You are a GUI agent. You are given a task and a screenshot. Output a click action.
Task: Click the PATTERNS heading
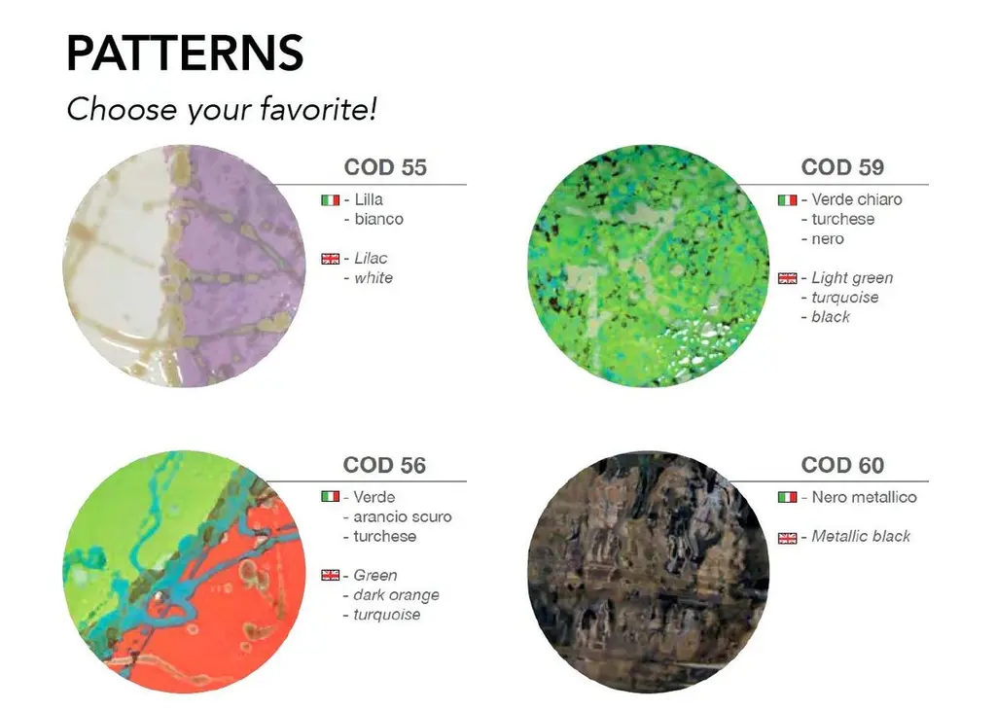[185, 53]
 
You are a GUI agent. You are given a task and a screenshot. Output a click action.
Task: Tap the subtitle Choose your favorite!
[222, 109]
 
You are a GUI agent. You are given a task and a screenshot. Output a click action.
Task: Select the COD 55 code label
[385, 167]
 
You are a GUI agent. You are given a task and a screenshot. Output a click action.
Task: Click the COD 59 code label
[842, 167]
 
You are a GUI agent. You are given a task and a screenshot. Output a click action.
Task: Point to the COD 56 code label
[384, 465]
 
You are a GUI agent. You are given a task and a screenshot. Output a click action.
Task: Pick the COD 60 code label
[842, 465]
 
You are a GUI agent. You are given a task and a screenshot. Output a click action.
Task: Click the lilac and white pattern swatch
[184, 266]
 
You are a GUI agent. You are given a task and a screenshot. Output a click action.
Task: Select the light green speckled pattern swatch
[649, 266]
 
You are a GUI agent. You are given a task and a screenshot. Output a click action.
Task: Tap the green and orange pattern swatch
[184, 572]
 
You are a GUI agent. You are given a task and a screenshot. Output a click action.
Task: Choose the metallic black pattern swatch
[649, 572]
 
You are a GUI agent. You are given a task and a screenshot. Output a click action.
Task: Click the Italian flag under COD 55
[331, 200]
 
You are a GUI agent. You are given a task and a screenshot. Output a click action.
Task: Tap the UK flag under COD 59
[787, 278]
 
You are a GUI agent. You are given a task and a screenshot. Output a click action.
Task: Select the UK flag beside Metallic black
[787, 538]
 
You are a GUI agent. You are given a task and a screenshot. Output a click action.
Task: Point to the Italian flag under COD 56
[331, 496]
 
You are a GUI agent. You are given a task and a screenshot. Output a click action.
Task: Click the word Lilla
[369, 199]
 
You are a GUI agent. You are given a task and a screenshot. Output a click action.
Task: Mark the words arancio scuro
[402, 517]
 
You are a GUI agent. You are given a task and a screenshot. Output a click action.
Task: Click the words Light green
[852, 278]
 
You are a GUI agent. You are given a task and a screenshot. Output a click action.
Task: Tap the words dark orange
[396, 595]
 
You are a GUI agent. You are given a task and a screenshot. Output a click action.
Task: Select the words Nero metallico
[864, 497]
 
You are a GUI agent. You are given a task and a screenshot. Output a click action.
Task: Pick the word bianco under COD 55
[378, 219]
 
